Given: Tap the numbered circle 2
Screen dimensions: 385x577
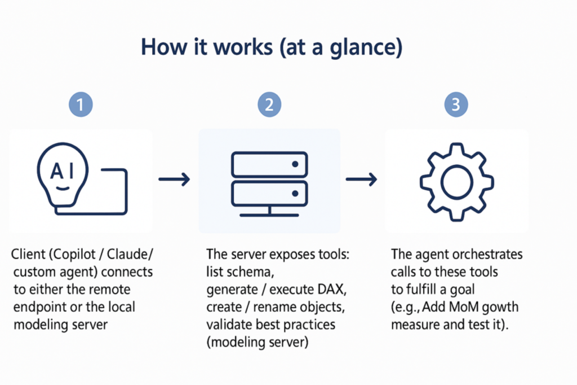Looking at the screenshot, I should (269, 105).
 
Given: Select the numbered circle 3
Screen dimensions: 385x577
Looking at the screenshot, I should (456, 105).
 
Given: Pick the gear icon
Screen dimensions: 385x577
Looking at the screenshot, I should (456, 181).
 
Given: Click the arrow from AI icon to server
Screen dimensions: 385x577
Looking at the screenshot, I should (174, 180).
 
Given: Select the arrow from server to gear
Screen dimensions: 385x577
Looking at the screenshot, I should (361, 180).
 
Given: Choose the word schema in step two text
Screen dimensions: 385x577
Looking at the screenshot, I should (248, 272).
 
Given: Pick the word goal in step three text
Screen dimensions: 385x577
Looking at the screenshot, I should (460, 290).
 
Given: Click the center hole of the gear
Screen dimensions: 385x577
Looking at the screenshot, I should (456, 181).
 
